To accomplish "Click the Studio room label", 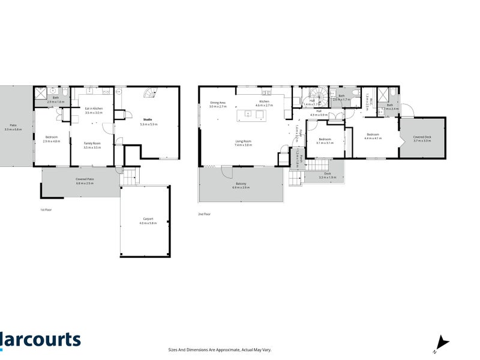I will point(148,119).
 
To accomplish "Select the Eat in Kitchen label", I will point(94,108).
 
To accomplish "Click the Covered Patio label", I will point(86,179).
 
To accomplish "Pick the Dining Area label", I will point(218,103).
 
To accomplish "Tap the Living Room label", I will point(242,141).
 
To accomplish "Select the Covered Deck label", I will point(422,137).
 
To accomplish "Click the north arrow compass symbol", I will point(442,343).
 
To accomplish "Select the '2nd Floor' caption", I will point(205,214).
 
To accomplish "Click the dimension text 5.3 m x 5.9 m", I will point(148,124).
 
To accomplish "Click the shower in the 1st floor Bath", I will point(41,93).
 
